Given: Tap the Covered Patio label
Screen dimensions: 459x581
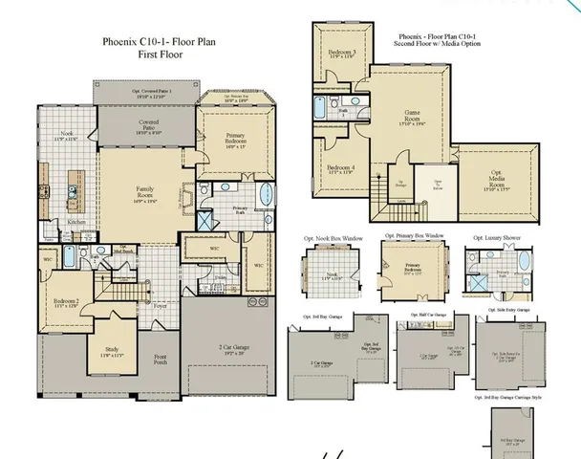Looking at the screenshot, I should tap(147, 127).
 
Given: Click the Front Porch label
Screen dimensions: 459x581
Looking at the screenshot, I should tap(161, 360).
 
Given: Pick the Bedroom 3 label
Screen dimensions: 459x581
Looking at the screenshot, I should tap(341, 53).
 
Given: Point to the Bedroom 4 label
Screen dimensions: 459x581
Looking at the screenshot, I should tap(341, 170).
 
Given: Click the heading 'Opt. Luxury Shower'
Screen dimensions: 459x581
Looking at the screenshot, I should tap(497, 235).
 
